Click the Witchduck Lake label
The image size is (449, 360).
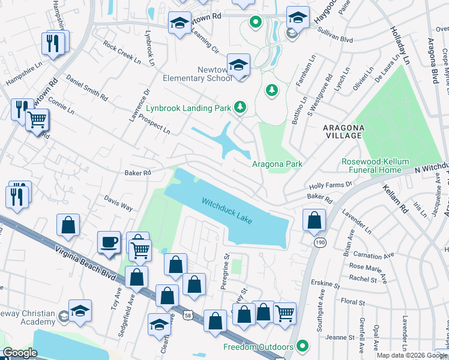[226, 211]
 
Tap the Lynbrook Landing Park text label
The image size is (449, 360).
[188, 109]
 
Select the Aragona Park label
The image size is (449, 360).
[276, 164]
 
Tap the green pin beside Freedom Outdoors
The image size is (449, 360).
[303, 347]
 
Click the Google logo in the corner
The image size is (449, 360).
[20, 353]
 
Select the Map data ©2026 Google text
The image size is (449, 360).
[411, 355]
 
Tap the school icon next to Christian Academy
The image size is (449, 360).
[79, 311]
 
